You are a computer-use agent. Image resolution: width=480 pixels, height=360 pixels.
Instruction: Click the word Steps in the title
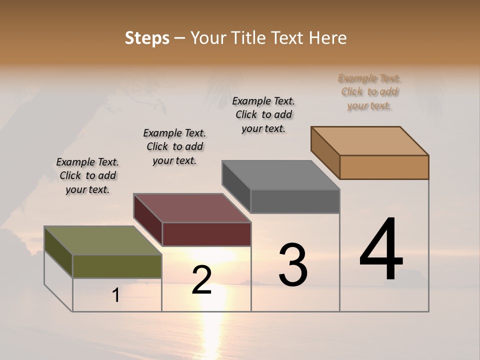coord(147,38)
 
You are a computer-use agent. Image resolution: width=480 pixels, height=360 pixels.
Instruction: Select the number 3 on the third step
coord(293,264)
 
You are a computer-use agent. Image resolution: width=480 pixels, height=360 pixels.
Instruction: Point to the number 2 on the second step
coord(201,280)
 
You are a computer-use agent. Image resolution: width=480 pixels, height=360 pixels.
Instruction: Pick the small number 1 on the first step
coord(116,295)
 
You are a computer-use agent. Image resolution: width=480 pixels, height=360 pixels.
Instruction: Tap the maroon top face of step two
coord(192,208)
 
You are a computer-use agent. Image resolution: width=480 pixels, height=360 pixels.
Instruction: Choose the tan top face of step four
coord(370,140)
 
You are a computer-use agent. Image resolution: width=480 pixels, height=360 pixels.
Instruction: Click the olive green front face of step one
coord(117,266)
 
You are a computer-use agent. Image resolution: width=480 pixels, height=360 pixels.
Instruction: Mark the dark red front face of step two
coord(206,234)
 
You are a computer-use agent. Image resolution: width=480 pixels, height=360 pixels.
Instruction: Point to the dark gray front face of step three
coord(295,201)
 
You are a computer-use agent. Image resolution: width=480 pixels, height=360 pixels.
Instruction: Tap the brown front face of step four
coord(384,167)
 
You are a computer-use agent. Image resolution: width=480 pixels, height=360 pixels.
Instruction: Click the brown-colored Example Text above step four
coord(369,92)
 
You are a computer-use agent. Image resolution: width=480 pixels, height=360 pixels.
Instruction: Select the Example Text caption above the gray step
coord(263,114)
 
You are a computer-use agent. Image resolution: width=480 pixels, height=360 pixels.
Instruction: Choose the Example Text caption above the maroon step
coord(174,146)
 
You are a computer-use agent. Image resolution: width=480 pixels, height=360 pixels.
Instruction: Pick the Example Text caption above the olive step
coord(87,175)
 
